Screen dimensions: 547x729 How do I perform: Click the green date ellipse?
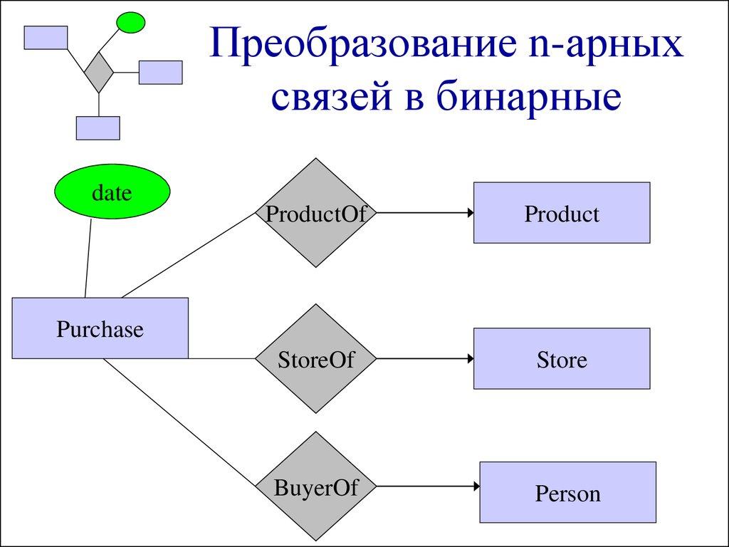point(112,192)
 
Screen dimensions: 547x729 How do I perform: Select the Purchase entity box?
point(100,328)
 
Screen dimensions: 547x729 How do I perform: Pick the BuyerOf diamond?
point(315,488)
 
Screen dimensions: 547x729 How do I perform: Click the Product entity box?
point(562,213)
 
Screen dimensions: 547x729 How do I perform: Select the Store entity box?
point(562,358)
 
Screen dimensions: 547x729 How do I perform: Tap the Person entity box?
point(567,493)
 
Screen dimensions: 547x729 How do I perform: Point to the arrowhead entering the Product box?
point(469,213)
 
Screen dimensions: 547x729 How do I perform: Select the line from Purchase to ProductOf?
point(189,254)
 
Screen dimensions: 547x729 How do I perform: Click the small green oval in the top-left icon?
point(130,23)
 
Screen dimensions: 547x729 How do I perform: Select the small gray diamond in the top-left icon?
point(98,71)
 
